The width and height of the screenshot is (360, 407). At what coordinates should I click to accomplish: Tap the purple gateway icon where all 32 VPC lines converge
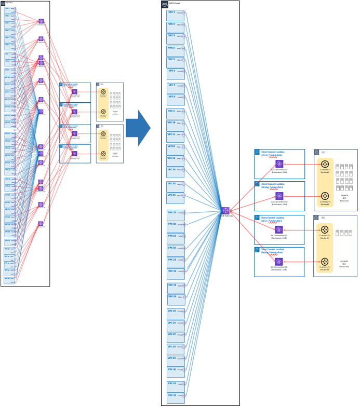225,210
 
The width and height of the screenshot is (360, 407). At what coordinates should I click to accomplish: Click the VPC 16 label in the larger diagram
171,196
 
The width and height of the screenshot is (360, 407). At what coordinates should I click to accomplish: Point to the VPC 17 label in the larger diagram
172,212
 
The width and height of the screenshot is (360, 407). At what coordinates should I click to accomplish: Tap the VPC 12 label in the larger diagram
171,146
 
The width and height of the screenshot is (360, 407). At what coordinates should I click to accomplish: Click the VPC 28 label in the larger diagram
171,346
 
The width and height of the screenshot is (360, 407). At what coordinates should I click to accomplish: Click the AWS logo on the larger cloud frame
165,4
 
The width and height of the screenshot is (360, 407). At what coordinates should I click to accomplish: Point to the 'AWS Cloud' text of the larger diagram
175,3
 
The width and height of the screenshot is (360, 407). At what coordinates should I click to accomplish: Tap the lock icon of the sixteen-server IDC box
316,152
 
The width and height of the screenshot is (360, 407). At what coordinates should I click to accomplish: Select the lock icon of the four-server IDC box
316,218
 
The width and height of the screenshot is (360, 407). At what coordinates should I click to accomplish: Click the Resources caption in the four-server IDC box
344,264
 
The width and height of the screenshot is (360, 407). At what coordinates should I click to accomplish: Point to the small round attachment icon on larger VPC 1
183,12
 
